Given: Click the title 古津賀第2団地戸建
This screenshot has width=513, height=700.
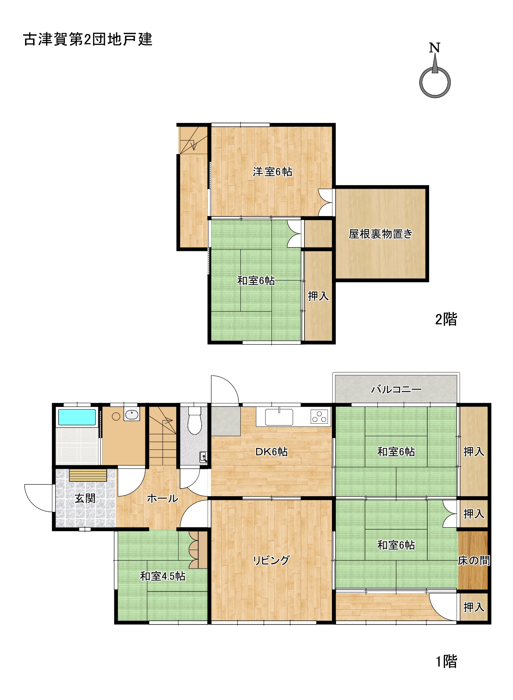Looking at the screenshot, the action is (88, 39).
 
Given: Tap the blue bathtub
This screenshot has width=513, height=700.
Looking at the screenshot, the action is (77, 417).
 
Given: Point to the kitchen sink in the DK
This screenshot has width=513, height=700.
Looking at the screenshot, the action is (279, 417).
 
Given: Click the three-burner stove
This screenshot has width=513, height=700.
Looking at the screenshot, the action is (319, 416).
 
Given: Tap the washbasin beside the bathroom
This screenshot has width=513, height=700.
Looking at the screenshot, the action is (132, 415).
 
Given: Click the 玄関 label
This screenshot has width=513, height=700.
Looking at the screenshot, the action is (85, 498).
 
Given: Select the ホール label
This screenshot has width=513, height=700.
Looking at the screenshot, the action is (163, 498).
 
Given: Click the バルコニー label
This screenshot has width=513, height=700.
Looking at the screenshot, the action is (396, 389).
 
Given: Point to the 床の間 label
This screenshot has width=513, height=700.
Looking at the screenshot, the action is (474, 560).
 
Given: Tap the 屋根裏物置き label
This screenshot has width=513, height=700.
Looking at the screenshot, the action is (380, 234).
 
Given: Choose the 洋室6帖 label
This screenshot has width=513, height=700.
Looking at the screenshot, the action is (273, 172).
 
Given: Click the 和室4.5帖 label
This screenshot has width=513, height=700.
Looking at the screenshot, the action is (163, 576).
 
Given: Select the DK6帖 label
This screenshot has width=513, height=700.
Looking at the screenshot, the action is (271, 452).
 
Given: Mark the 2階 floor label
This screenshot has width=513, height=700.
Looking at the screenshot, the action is (446, 319).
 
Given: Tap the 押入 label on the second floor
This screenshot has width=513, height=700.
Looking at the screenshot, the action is (318, 296).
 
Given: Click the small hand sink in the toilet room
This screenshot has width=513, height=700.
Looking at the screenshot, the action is (204, 457).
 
